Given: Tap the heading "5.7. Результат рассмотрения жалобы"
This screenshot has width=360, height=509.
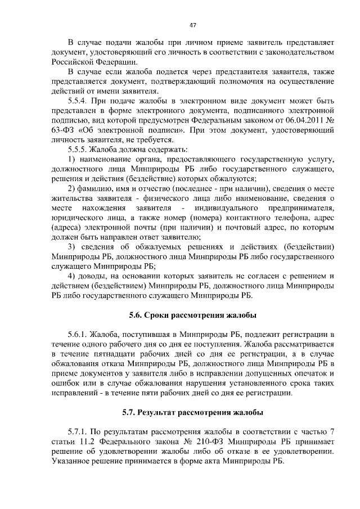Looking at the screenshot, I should pos(192,412).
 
